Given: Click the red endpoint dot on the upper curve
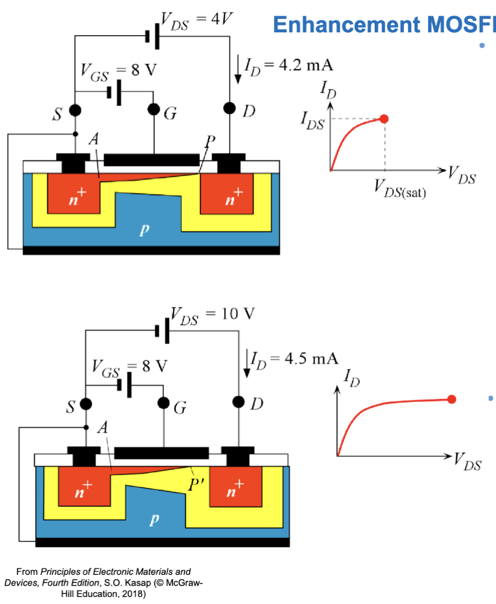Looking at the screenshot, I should pyautogui.click(x=384, y=119).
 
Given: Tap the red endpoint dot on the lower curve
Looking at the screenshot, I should pyautogui.click(x=452, y=399).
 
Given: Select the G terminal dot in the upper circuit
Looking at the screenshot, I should pyautogui.click(x=154, y=111).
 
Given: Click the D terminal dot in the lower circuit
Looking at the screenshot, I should pyautogui.click(x=240, y=402).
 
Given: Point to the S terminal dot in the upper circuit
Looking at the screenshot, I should pyautogui.click(x=75, y=111).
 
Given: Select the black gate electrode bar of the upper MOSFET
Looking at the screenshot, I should pyautogui.click(x=151, y=160).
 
